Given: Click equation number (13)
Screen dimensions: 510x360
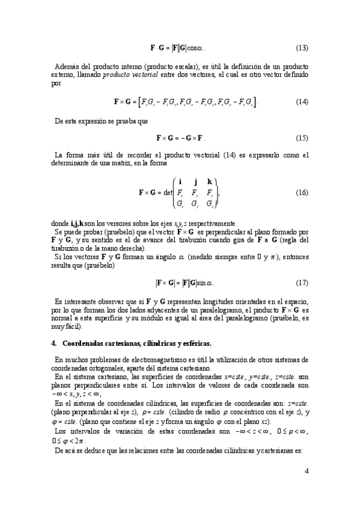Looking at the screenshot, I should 302,47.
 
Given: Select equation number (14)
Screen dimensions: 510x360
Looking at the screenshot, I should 302,102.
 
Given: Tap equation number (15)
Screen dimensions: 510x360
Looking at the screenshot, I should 302,137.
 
